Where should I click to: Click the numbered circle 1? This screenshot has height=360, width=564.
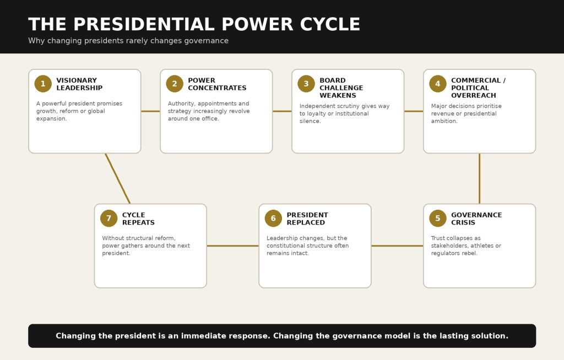tap(43, 84)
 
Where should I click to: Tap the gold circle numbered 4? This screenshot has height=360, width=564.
tap(438, 84)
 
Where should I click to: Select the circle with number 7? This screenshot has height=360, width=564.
tap(109, 219)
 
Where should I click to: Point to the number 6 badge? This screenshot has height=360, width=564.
tap(273, 219)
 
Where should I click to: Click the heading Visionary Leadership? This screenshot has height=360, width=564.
tap(79, 84)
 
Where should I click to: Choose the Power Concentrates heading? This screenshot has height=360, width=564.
tap(217, 84)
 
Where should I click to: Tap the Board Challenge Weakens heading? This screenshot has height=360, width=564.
tap(341, 88)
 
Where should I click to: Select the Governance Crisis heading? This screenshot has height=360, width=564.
tap(476, 219)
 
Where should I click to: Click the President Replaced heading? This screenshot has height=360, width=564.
tap(307, 219)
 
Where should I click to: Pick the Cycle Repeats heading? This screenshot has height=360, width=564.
tap(138, 219)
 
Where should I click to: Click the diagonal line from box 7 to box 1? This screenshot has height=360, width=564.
tap(118, 178)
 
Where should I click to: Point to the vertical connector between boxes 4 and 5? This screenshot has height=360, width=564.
tap(480, 178)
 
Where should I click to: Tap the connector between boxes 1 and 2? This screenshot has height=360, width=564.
tap(150, 111)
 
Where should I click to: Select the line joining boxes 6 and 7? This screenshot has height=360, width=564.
tap(233, 246)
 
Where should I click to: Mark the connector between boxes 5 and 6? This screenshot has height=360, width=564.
tap(397, 246)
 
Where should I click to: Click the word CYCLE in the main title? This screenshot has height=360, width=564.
tap(330, 24)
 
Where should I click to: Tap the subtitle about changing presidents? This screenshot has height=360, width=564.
tap(128, 41)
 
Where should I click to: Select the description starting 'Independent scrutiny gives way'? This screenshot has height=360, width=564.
tap(344, 113)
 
